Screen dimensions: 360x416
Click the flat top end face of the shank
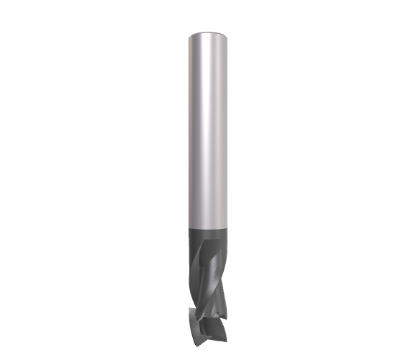click(x=208, y=35)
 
